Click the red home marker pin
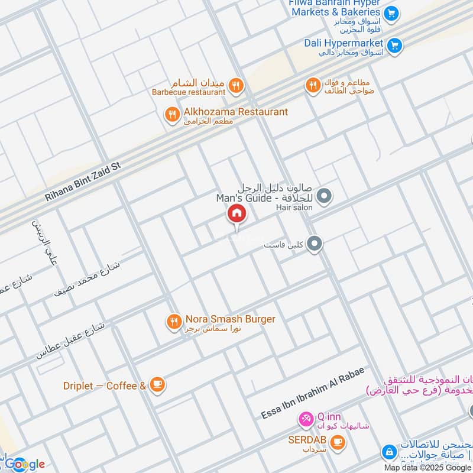pos(236,213)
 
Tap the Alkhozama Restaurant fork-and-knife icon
pos(172,115)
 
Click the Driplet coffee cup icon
pos(157,385)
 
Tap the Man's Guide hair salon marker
pos(323,195)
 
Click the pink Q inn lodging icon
pos(306,420)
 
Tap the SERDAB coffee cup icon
pos(338,441)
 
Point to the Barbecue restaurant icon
pos(236,86)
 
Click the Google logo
pos(25,464)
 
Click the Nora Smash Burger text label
pos(230,319)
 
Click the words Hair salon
pos(294,208)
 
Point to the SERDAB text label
pos(308,440)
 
